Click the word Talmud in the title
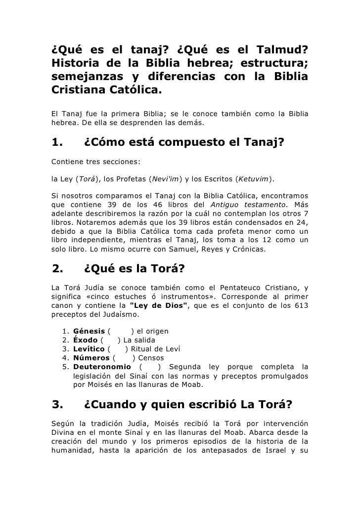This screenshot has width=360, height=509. pos(283,50)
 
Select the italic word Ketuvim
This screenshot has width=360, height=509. pos(254,177)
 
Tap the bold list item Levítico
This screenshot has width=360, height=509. pos(89,349)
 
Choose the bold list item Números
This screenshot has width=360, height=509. pos(91,358)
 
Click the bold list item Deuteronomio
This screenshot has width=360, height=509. pos(101,367)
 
